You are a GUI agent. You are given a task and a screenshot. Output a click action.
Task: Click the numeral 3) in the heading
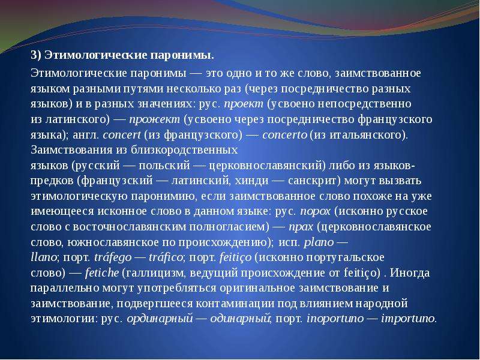36,55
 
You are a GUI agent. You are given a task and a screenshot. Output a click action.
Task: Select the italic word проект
244,104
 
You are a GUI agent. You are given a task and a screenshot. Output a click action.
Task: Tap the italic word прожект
155,119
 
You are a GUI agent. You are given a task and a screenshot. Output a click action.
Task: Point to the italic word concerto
284,134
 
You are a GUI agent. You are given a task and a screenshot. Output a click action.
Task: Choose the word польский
164,166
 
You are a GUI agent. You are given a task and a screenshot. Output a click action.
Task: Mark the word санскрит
313,181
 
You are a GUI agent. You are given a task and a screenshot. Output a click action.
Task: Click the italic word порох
316,212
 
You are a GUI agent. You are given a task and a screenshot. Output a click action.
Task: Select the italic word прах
301,227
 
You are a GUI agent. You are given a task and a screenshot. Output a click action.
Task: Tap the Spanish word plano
319,242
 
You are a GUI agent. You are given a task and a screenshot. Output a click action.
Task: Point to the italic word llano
43,257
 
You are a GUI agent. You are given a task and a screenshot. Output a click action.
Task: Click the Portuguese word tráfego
113,257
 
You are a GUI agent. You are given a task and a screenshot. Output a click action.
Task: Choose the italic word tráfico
166,257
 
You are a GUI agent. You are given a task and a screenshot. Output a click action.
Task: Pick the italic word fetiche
101,272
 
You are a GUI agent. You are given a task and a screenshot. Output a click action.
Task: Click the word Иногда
410,272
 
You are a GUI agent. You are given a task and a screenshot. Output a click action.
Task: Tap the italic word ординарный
160,319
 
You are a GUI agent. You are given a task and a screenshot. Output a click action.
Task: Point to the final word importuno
408,319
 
